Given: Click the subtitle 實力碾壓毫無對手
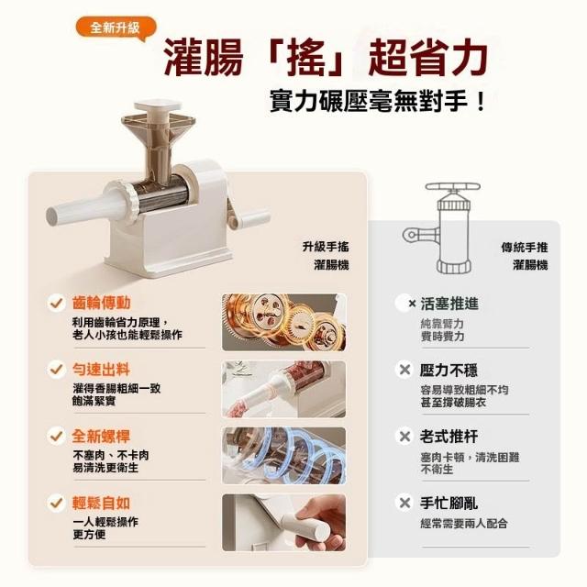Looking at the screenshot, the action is pyautogui.click(x=377, y=101).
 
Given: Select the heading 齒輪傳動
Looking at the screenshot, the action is pyautogui.click(x=101, y=303).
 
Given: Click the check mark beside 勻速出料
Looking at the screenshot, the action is pyautogui.click(x=56, y=369).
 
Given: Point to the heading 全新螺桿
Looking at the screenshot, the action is pyautogui.click(x=101, y=437).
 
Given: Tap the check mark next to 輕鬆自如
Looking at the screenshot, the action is pyautogui.click(x=56, y=503).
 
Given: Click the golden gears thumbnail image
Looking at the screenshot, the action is pyautogui.click(x=284, y=322).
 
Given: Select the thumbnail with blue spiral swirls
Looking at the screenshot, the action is pyautogui.click(x=284, y=456).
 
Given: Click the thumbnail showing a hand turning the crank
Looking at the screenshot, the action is pyautogui.click(x=284, y=522).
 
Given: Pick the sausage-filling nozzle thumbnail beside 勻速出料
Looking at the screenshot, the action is pyautogui.click(x=284, y=389).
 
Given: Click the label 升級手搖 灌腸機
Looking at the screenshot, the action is pyautogui.click(x=327, y=256).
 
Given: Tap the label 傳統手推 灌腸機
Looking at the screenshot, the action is pyautogui.click(x=525, y=256).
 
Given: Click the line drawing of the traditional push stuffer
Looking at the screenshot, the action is pyautogui.click(x=445, y=228).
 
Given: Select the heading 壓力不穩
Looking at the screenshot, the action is pyautogui.click(x=449, y=370).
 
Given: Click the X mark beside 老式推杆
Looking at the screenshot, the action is pyautogui.click(x=404, y=437).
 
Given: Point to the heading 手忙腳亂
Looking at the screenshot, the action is pyautogui.click(x=449, y=504).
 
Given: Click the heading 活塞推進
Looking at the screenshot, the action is pyautogui.click(x=449, y=304).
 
